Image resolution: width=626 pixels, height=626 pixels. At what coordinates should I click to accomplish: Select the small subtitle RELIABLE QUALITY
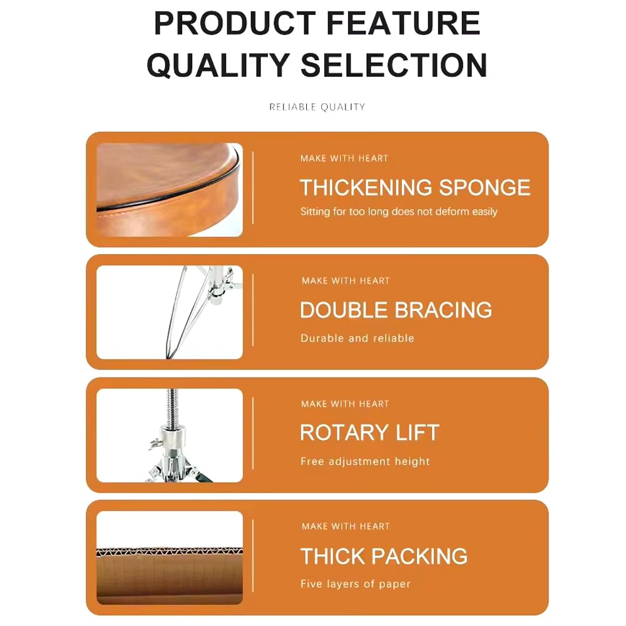pyautogui.click(x=317, y=107)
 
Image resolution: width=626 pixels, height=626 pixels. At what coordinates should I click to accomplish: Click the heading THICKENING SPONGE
pyautogui.click(x=414, y=187)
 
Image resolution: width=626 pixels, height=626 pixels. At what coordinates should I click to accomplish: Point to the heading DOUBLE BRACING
pyautogui.click(x=396, y=310)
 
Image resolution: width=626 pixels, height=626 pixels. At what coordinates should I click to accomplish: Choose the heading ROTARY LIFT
pyautogui.click(x=369, y=433)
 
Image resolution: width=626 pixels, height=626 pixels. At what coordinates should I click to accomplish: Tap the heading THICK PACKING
pyautogui.click(x=384, y=556)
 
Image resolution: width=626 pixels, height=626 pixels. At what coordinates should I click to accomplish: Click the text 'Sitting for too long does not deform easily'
pyautogui.click(x=399, y=212)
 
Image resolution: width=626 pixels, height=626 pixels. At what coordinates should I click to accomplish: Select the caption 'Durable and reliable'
pyautogui.click(x=357, y=338)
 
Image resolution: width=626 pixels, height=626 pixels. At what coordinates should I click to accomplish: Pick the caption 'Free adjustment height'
pyautogui.click(x=365, y=461)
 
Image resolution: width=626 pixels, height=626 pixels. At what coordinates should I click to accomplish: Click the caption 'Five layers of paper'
pyautogui.click(x=355, y=584)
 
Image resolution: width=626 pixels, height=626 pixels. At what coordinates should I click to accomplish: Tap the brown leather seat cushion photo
pyautogui.click(x=169, y=189)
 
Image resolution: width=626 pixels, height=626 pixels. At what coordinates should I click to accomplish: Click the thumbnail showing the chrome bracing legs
pyautogui.click(x=169, y=312)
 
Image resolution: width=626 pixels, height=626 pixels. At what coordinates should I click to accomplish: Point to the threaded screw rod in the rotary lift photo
pyautogui.click(x=172, y=407)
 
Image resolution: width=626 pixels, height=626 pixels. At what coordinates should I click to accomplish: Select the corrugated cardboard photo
pyautogui.click(x=169, y=558)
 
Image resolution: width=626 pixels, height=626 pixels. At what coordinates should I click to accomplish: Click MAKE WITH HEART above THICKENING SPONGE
pyautogui.click(x=344, y=158)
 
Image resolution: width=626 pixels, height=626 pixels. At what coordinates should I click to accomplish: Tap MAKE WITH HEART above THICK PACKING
pyautogui.click(x=346, y=526)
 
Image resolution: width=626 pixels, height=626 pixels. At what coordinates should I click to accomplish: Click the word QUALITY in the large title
pyautogui.click(x=218, y=65)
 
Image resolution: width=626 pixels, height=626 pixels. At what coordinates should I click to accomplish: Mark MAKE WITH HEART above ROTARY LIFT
pyautogui.click(x=345, y=404)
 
